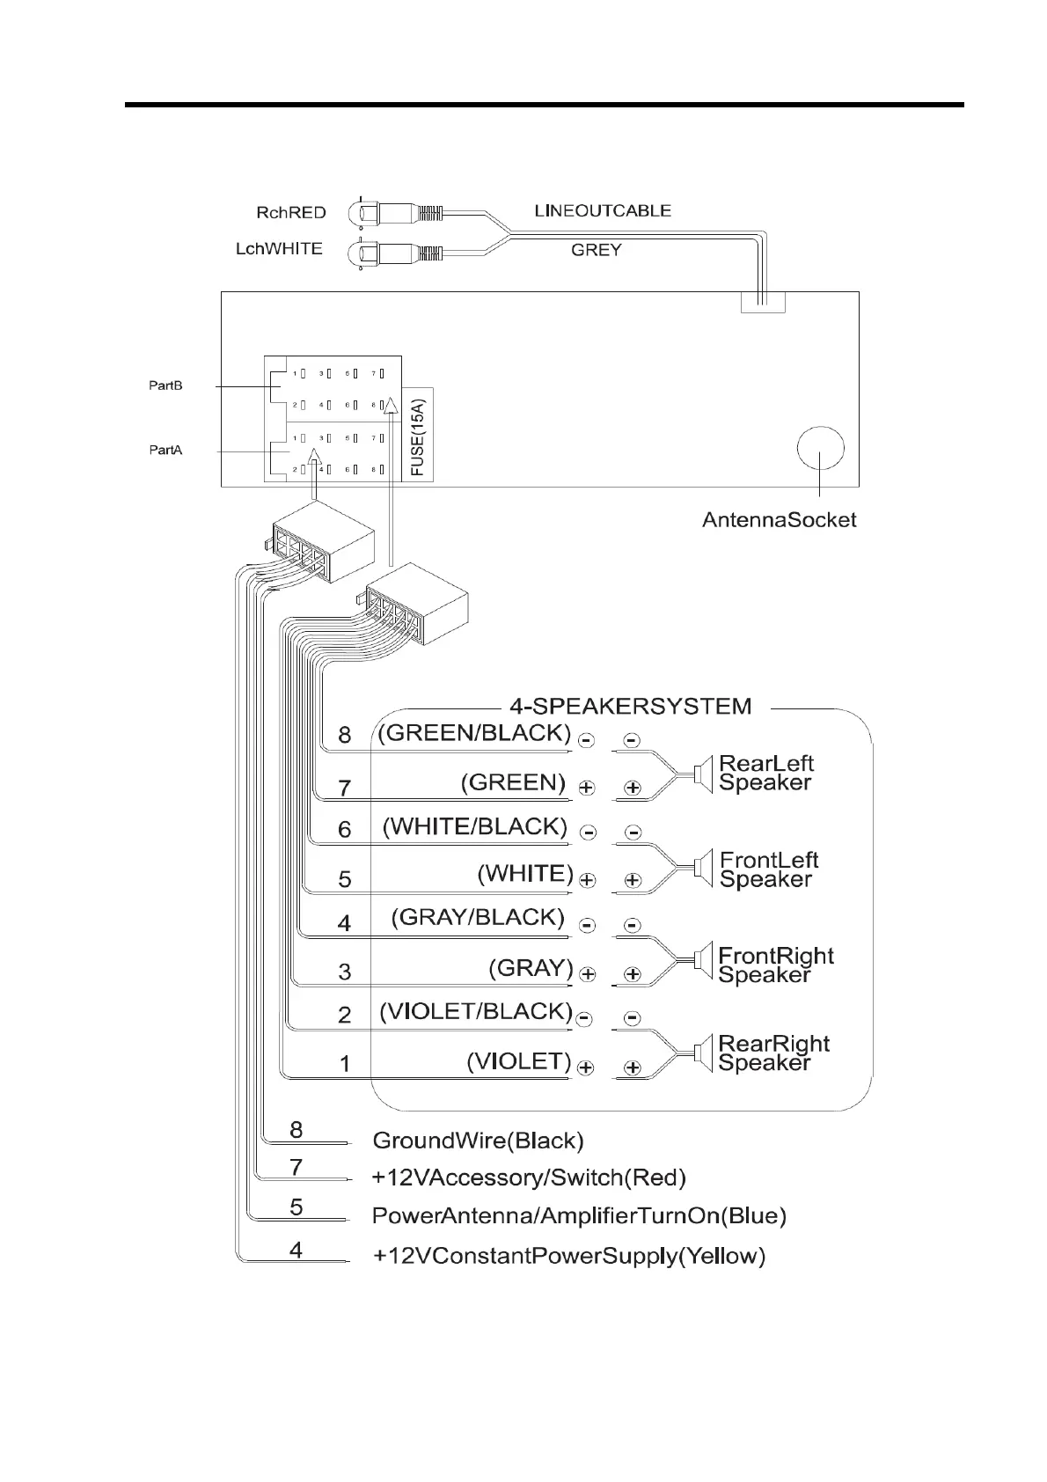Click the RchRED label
point(290,213)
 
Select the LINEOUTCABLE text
point(602,211)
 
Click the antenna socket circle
point(819,450)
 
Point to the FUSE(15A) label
point(418,437)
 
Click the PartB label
point(165,385)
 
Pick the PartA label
point(165,451)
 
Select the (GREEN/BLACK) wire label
point(474,733)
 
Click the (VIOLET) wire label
point(518,1061)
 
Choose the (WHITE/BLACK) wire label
point(474,827)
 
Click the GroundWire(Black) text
point(478,1141)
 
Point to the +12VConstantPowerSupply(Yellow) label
point(568,1256)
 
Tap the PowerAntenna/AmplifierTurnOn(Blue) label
point(579,1216)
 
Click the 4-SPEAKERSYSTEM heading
point(630,706)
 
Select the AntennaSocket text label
point(779,520)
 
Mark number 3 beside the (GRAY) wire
point(345,972)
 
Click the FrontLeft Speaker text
point(768,869)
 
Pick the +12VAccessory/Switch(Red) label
point(529,1178)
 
